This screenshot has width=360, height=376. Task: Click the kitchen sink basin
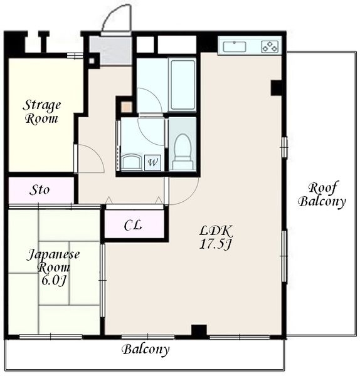point(235,46)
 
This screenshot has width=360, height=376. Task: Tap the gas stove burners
point(270,46)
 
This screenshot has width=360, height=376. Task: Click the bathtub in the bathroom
point(182,85)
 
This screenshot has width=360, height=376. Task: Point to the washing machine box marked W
point(152,163)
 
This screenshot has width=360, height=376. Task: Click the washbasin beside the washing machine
point(132,162)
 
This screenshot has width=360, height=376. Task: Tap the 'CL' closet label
point(133,226)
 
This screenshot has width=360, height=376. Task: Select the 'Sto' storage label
point(40,190)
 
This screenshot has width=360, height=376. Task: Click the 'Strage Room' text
point(41,112)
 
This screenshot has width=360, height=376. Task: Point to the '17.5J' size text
point(215,244)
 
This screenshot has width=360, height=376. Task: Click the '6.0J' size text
point(53,280)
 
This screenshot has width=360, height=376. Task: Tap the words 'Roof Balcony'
point(322,194)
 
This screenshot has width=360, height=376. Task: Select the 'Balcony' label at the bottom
point(146,350)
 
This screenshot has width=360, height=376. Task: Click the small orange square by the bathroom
point(126,107)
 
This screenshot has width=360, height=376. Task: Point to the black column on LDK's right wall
point(276,88)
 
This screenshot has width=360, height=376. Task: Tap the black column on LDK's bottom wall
point(199,330)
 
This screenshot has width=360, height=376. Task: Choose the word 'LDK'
point(215,231)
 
